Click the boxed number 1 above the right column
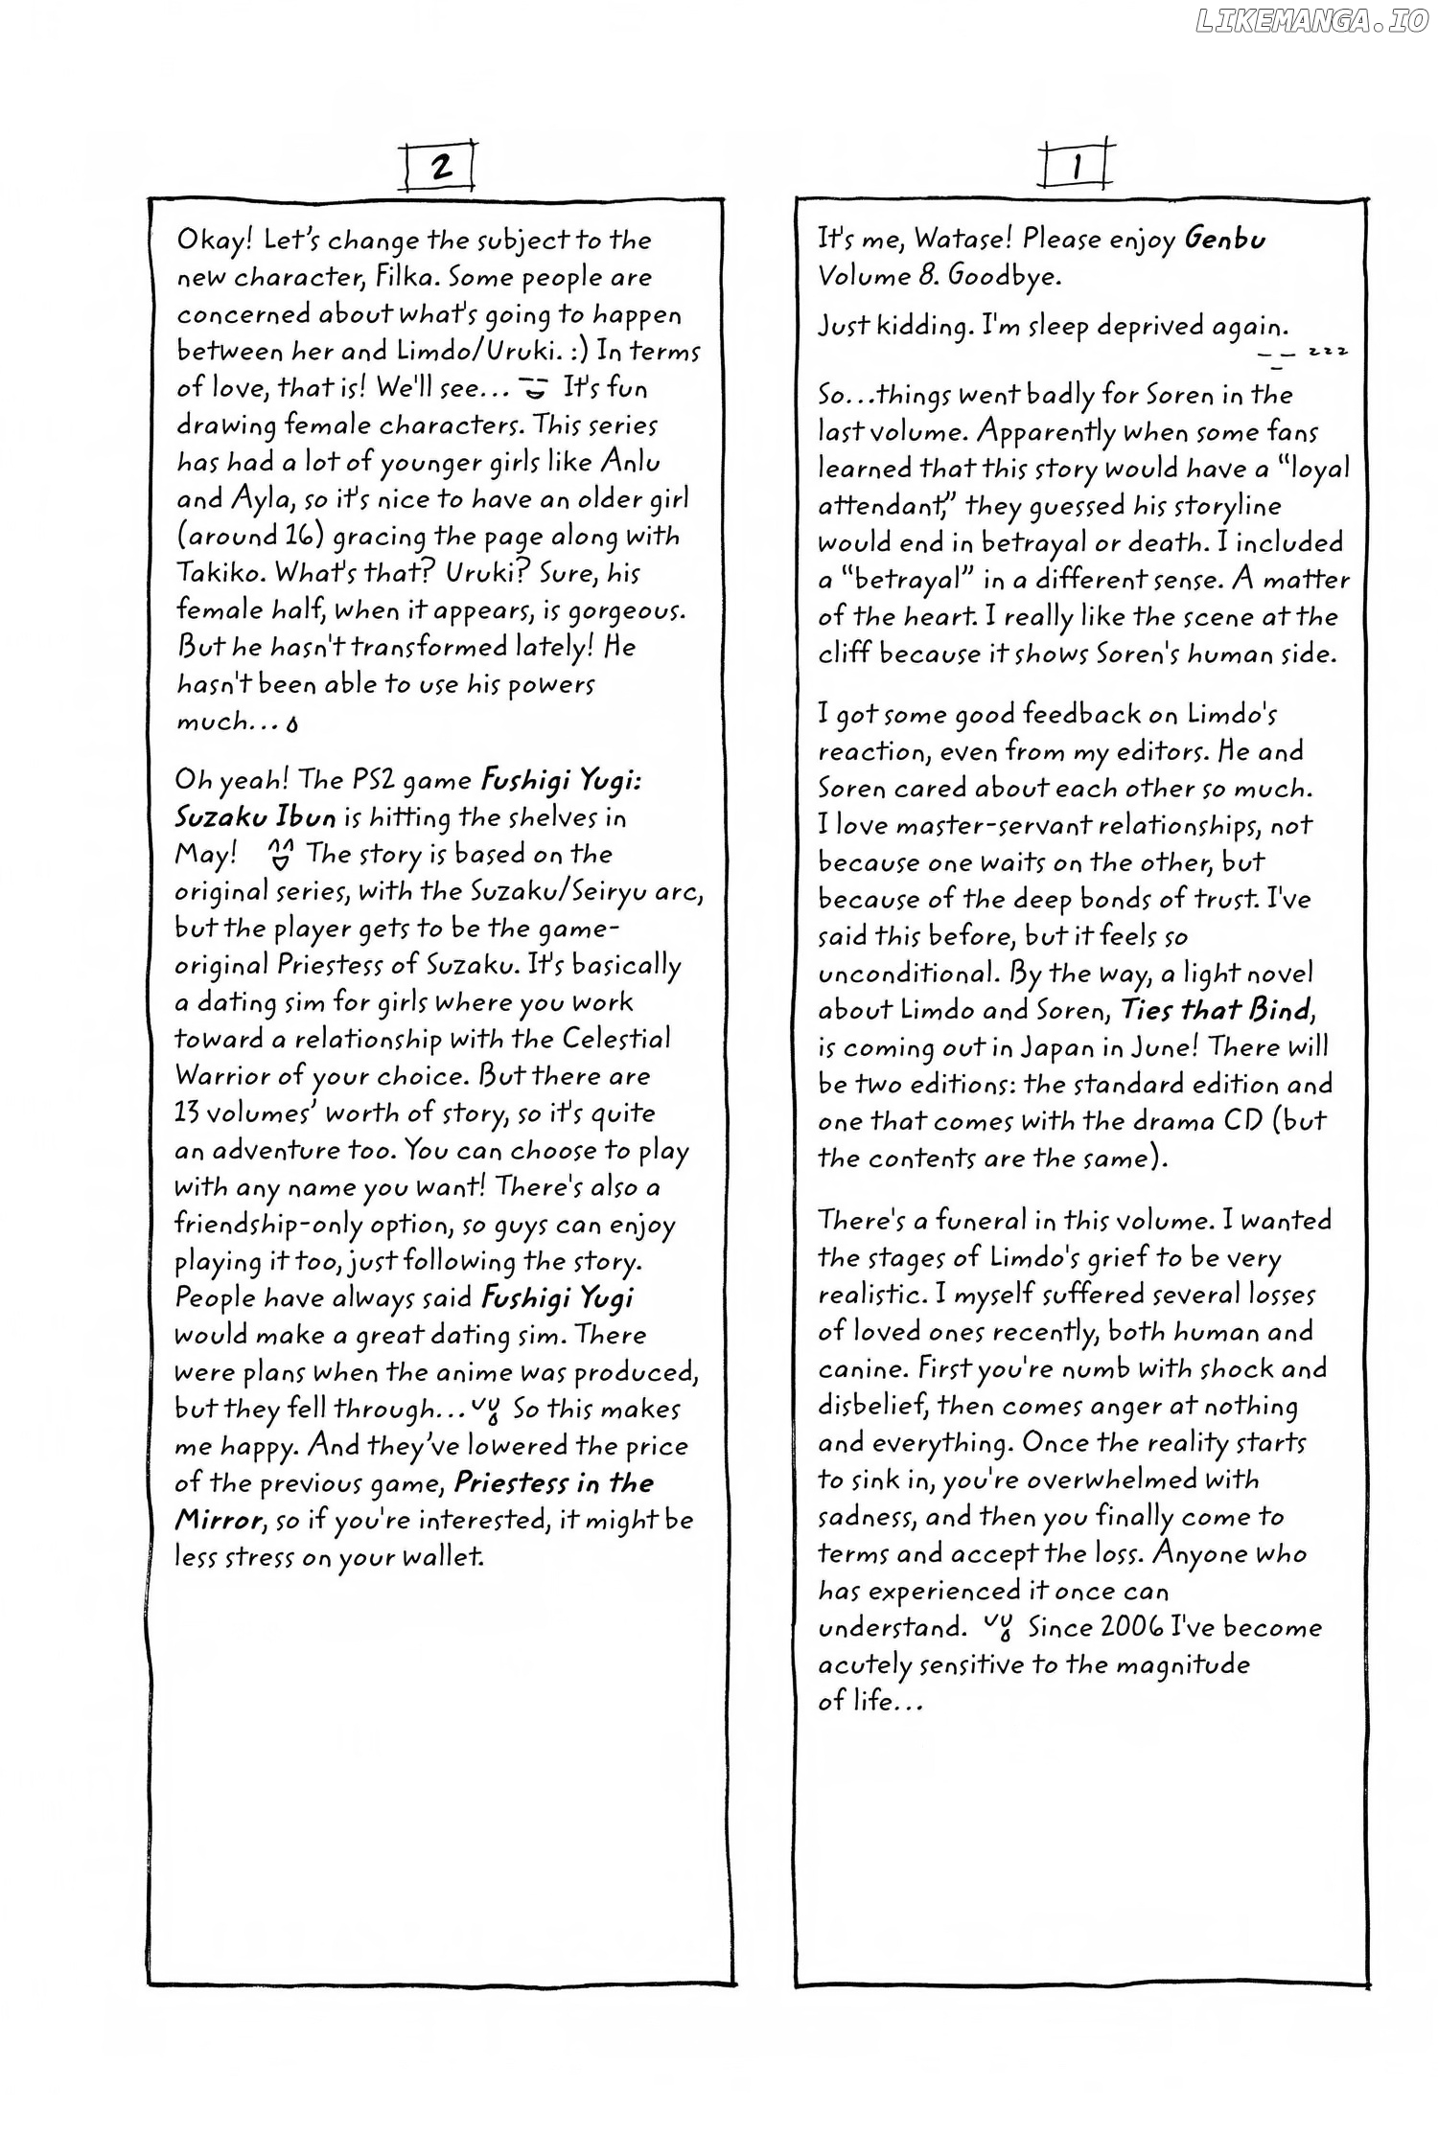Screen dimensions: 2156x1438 (1078, 167)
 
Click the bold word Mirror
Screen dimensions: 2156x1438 (218, 1521)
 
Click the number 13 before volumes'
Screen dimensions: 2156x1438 (188, 1113)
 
